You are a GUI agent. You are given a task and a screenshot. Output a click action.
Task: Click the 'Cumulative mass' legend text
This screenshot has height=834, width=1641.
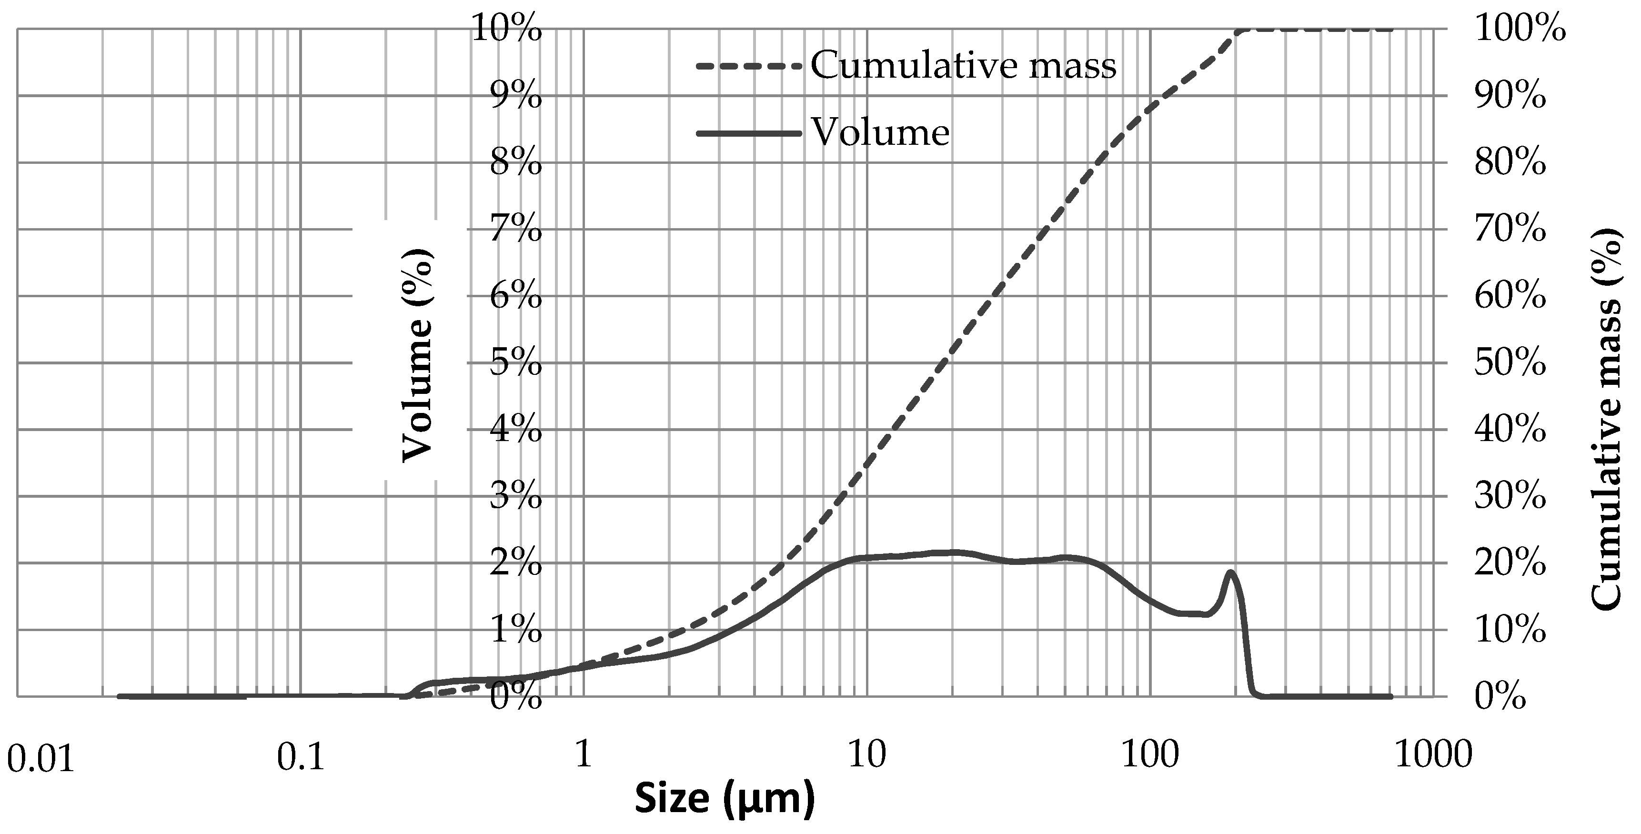963,66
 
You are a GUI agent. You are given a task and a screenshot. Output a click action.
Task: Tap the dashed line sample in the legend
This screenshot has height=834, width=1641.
748,66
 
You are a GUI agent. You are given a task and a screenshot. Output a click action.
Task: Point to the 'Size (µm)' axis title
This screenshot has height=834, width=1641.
725,798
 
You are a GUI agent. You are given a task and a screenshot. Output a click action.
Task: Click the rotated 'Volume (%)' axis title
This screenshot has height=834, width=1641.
417,355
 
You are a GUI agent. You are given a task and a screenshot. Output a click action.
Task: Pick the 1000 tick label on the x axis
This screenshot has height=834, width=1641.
1434,756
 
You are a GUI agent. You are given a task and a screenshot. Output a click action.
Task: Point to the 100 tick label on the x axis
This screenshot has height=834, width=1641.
1150,756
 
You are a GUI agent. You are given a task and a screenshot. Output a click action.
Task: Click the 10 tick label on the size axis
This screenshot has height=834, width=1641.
867,756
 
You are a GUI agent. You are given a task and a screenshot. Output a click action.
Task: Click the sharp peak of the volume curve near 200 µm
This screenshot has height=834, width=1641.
1231,572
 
